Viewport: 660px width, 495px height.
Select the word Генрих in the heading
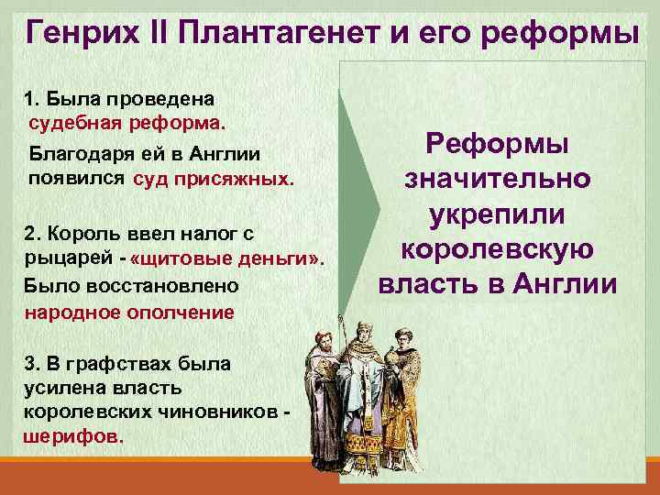pyautogui.click(x=82, y=33)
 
